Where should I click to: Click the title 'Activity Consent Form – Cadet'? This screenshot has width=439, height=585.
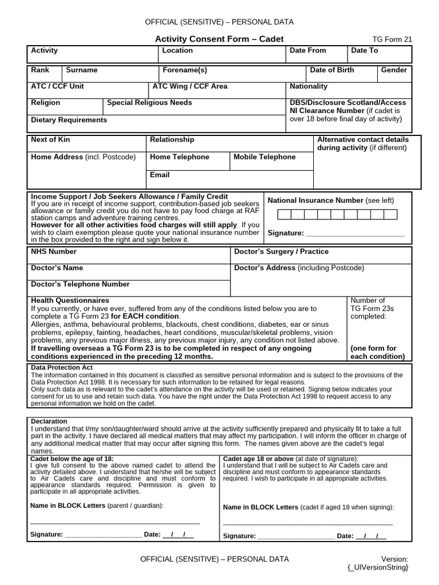[x=219, y=39]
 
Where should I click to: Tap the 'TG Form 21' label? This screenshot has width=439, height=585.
[x=392, y=39]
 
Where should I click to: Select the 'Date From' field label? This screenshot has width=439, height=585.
[x=308, y=50]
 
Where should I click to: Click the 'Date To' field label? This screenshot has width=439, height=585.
[x=364, y=50]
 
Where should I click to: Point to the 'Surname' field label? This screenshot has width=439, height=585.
[x=82, y=70]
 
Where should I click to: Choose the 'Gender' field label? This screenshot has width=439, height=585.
[x=394, y=70]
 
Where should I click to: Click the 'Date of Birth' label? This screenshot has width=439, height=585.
[x=332, y=70]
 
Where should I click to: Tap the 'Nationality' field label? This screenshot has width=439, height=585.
[x=309, y=86]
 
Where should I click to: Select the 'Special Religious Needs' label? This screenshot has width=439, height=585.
[x=149, y=103]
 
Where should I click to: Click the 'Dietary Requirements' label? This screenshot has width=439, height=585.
[x=69, y=120]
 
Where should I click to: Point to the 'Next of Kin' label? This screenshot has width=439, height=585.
[x=50, y=139]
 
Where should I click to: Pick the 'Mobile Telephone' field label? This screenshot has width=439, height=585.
[x=265, y=157]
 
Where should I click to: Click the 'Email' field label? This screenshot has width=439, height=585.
[x=159, y=175]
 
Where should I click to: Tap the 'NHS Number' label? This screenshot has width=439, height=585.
[x=53, y=251]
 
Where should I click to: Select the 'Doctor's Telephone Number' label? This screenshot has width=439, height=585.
[x=80, y=284]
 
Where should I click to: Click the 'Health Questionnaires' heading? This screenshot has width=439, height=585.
[x=70, y=300]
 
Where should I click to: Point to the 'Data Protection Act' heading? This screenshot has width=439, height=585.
[x=62, y=367]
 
